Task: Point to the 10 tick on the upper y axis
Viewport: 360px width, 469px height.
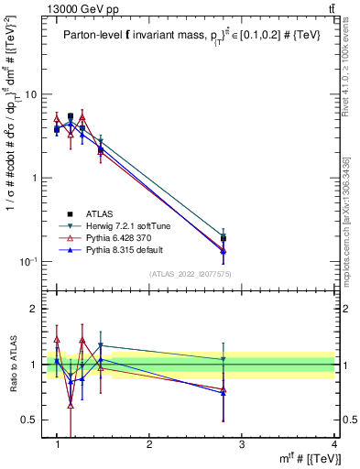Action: click(33, 94)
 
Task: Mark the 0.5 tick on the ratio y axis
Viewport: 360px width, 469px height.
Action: click(32, 420)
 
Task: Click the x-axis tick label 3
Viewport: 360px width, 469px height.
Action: click(241, 444)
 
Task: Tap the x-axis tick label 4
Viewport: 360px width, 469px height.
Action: click(333, 444)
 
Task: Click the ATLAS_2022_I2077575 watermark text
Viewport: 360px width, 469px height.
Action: click(195, 274)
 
